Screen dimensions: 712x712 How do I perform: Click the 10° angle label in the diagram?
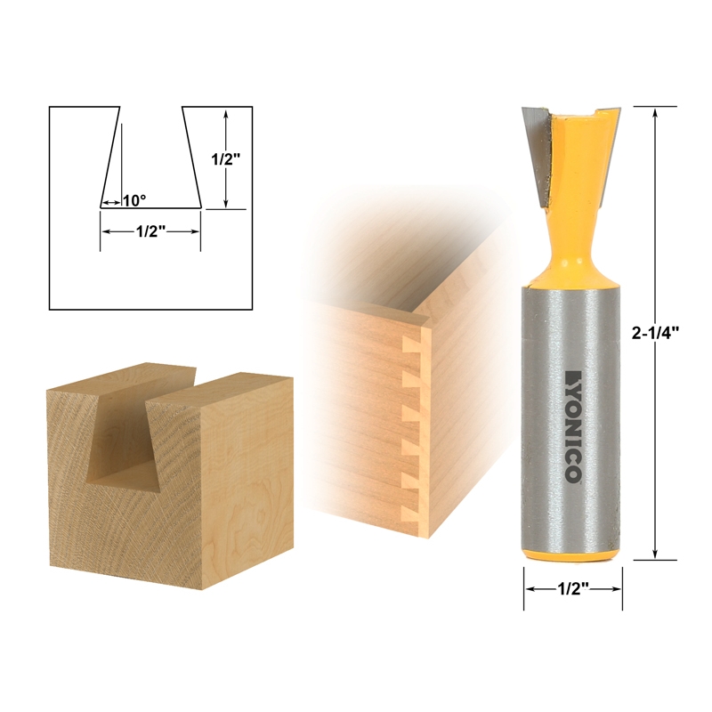click(x=133, y=201)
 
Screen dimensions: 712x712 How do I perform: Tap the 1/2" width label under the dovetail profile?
click(x=150, y=231)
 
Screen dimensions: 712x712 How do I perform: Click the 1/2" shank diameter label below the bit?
click(x=572, y=589)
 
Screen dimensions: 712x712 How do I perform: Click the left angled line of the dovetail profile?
click(x=109, y=157)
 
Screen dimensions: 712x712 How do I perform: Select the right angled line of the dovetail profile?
click(x=190, y=157)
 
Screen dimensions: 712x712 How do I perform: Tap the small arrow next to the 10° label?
click(x=109, y=202)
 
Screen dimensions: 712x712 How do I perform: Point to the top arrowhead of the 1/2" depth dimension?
click(x=228, y=114)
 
